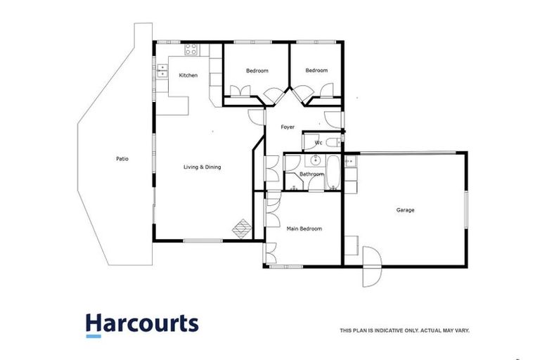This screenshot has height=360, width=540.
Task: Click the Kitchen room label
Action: coord(188,75)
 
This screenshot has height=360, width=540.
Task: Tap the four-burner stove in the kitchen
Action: coord(191,49)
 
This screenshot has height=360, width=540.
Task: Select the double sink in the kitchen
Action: coord(162,70)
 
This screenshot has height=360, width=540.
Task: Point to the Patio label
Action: coord(122,158)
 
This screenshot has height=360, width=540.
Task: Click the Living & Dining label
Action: coord(202,167)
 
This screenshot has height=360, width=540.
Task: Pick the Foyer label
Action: coord(288,127)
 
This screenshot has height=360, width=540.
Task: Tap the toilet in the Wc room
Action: coord(335,143)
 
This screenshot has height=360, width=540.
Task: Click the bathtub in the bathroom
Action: coord(334,173)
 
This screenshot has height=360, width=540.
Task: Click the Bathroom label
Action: coord(311,174)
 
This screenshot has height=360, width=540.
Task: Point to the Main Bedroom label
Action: coord(304,229)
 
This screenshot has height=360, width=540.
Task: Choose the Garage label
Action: coord(405,210)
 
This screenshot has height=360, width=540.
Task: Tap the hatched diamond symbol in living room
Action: coord(243,227)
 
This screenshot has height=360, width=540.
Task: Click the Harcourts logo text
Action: coord(142,323)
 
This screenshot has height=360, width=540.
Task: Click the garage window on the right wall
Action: coord(465,208)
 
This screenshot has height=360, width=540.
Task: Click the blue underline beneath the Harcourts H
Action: coord(94,336)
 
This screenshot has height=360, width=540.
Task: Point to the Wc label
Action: coord(318,143)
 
